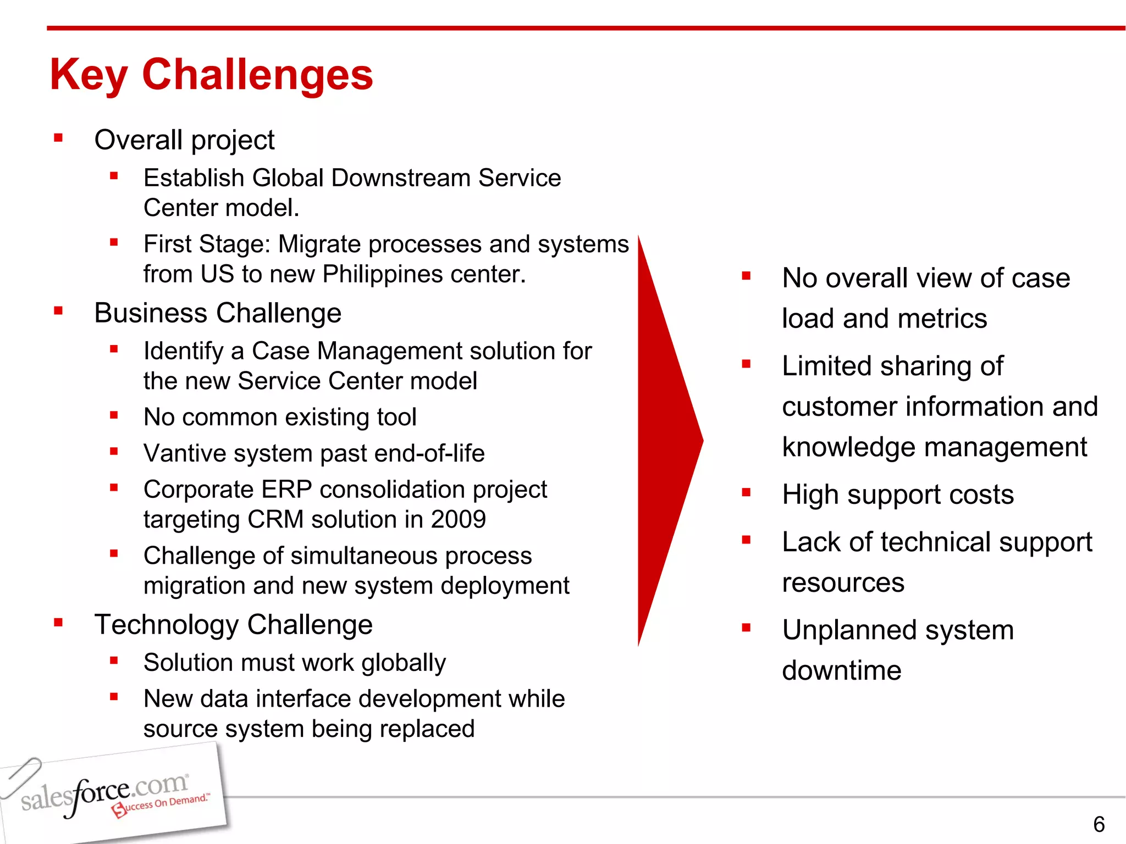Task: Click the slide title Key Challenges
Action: pos(211,75)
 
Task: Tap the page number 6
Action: pos(1099,824)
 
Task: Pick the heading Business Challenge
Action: pos(218,313)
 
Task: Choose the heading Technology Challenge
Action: pos(233,625)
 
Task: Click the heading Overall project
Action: pos(184,140)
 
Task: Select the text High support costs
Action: pos(897,495)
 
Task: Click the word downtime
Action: pos(841,671)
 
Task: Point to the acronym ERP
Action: pos(286,490)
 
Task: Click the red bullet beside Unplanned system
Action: pos(746,628)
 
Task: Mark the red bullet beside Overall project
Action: pos(58,138)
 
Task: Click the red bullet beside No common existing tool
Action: pos(114,415)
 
